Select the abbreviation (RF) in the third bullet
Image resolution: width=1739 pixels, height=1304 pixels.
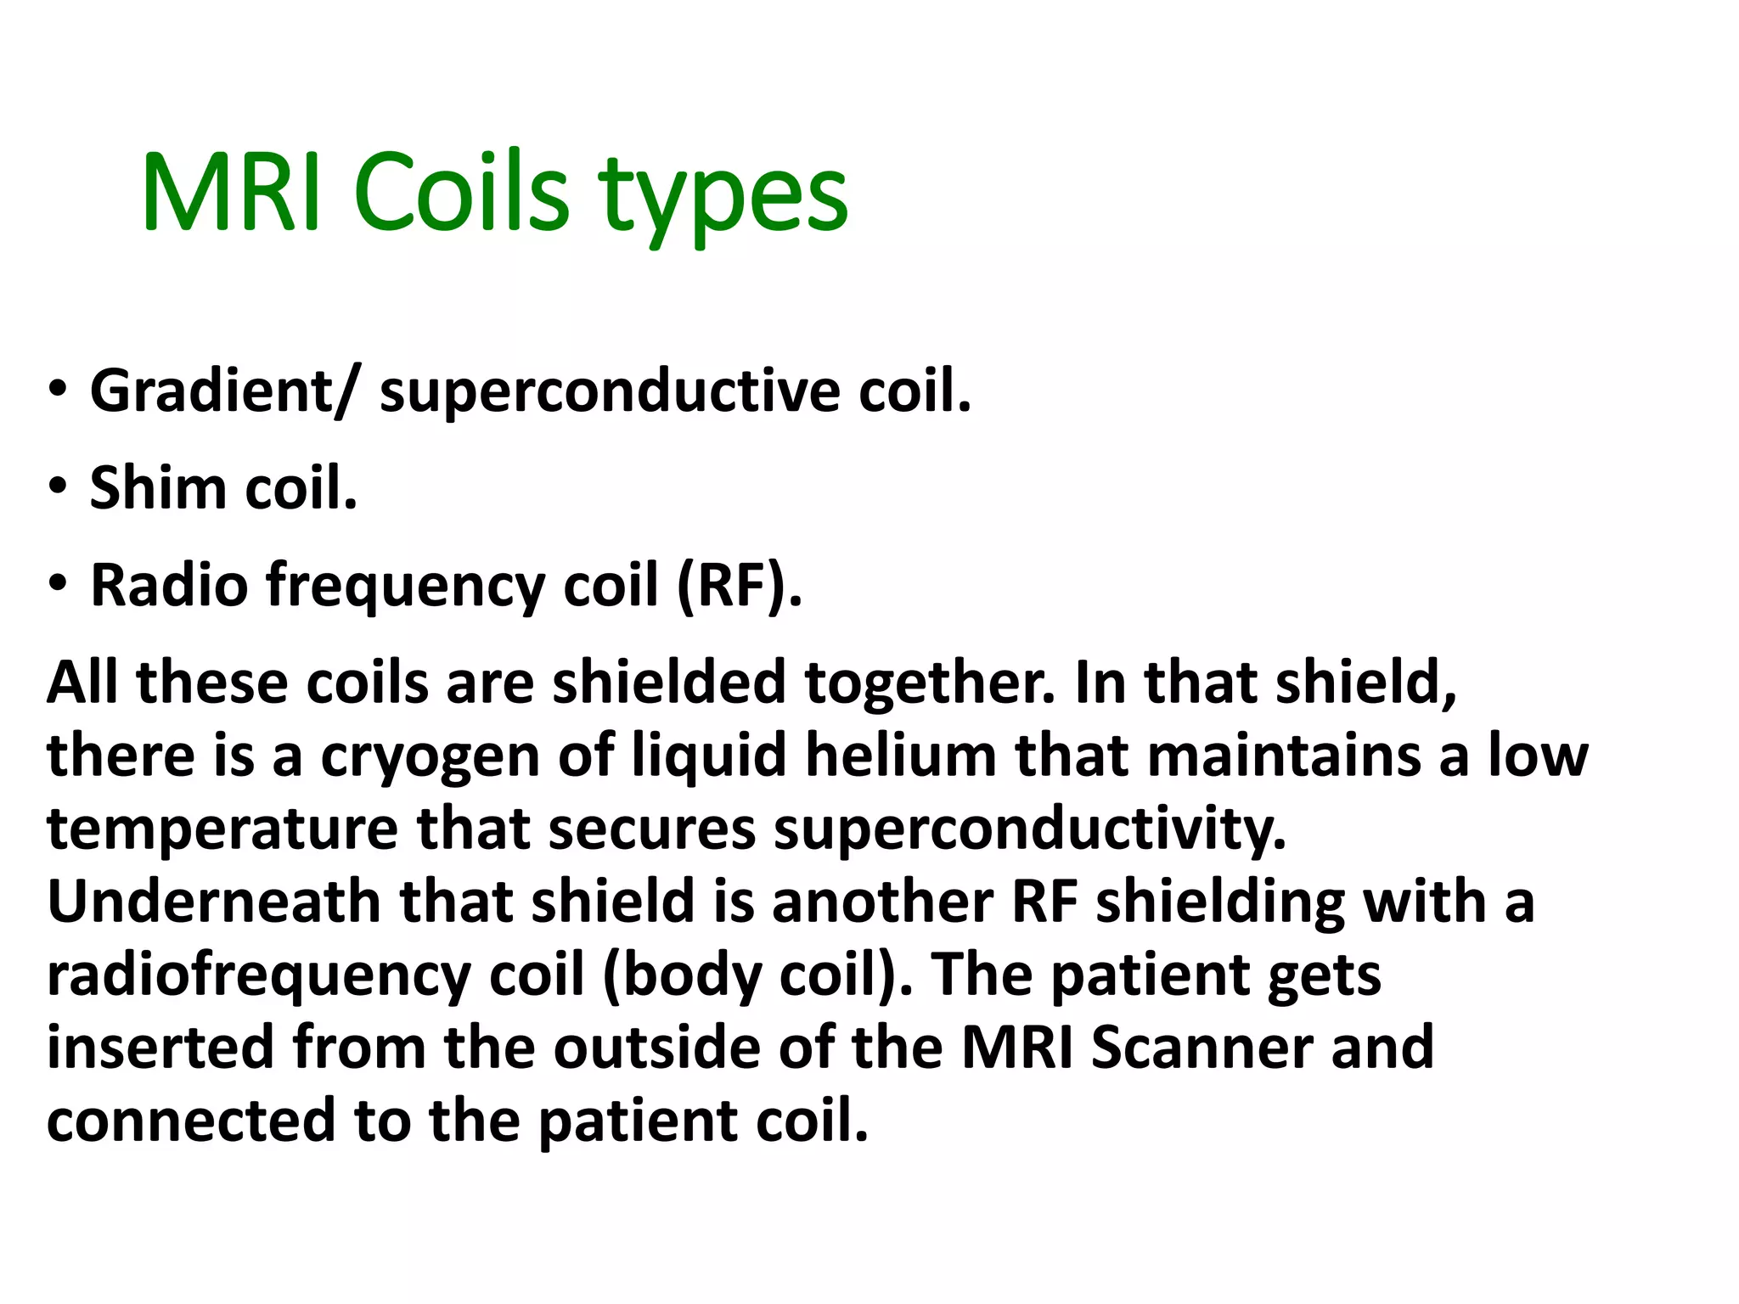point(739,586)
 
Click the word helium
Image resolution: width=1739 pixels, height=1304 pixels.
point(900,756)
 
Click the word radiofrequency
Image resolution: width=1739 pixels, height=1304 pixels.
point(258,976)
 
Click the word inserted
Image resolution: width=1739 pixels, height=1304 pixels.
point(160,1048)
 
